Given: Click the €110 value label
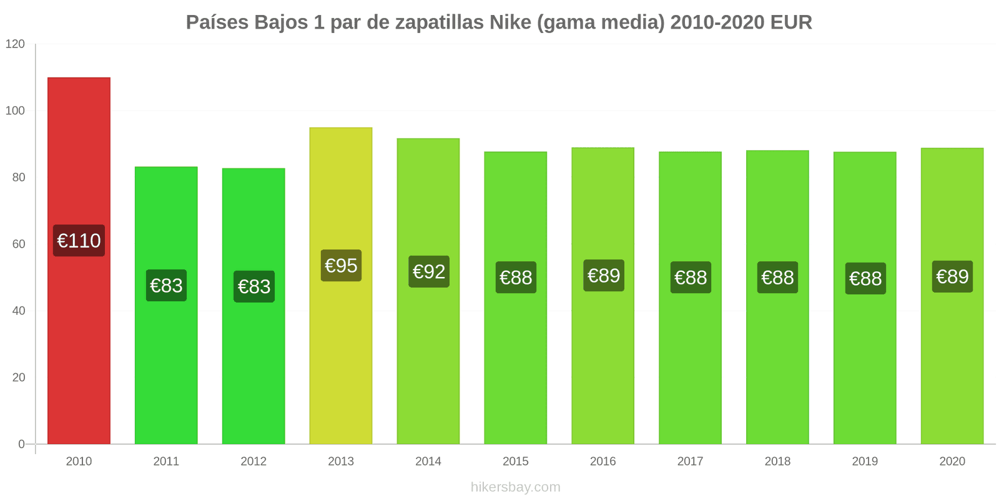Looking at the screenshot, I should [x=79, y=241].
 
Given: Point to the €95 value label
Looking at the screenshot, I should [x=341, y=266].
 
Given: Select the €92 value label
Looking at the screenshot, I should [x=428, y=272].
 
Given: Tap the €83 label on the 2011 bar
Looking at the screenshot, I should [x=166, y=286].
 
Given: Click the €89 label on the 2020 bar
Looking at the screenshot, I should [x=952, y=276].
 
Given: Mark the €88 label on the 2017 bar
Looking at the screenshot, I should [x=691, y=278].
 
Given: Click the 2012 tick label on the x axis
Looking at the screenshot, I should [x=253, y=462].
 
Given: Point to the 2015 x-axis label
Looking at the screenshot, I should [x=516, y=462].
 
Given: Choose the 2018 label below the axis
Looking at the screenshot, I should [x=777, y=462].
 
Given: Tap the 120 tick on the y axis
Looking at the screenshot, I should [x=15, y=44].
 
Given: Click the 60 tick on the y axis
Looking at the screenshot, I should [x=19, y=244].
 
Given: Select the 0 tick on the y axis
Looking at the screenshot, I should [x=22, y=444].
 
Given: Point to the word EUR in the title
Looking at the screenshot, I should [x=791, y=22].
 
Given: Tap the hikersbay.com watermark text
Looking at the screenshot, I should [x=516, y=487].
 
